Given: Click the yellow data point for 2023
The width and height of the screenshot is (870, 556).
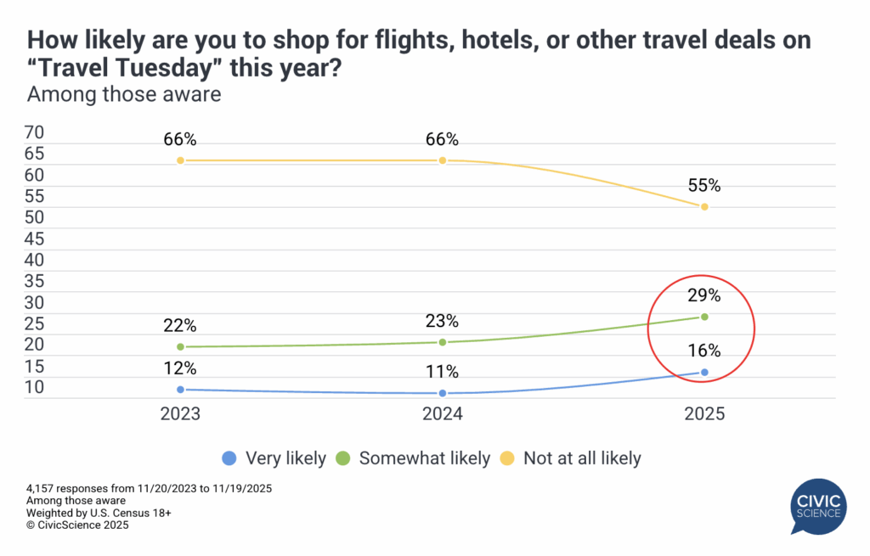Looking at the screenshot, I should tap(180, 160).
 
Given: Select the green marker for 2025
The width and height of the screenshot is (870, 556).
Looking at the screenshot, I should tap(704, 317).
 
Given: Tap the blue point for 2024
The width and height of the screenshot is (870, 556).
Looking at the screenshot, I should tap(443, 393).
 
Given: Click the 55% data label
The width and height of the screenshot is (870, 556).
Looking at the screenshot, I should tap(704, 186).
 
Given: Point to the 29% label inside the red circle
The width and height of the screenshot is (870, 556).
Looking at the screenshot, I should tap(704, 296).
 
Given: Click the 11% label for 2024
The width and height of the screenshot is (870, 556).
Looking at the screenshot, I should tap(443, 372).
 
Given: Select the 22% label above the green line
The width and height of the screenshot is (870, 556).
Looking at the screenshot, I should tap(180, 326).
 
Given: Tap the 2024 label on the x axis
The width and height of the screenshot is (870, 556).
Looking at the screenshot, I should tap(443, 415).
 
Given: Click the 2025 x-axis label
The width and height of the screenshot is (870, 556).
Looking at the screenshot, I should tap(704, 415).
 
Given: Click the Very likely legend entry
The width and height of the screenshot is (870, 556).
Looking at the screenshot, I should tap(274, 458).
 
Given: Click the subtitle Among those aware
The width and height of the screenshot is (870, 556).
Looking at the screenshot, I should tap(124, 94).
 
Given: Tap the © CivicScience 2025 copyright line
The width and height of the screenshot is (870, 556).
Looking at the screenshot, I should tap(77, 525).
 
